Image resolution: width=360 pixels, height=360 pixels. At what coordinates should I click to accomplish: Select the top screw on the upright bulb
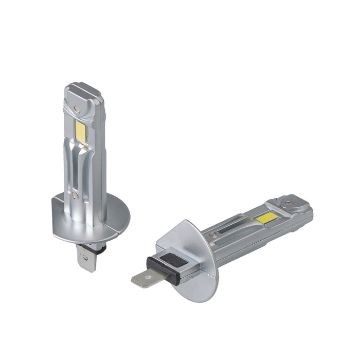coord(77,109)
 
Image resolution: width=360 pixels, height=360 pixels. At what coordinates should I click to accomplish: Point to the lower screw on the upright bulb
coord(76,195)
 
